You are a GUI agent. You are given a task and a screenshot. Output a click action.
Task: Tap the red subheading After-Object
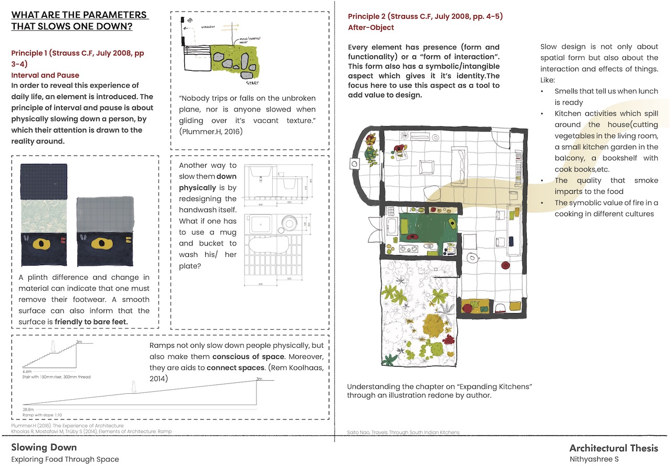(x=371, y=27)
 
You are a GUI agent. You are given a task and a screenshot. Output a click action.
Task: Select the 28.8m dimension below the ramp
(x=28, y=409)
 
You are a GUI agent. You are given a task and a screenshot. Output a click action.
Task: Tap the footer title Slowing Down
(x=44, y=447)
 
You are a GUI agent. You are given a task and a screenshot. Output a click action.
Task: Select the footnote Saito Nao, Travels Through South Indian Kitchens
(x=403, y=433)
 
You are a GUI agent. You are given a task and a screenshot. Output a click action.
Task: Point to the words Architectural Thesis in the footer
(x=613, y=448)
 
